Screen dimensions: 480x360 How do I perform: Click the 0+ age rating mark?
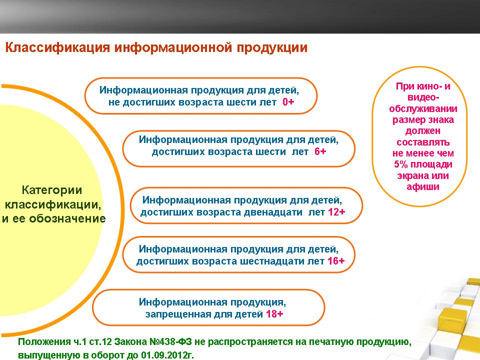[x=288, y=102]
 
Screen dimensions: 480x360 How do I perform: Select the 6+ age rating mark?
[x=320, y=151]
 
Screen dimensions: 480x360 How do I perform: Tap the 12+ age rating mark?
[x=336, y=212]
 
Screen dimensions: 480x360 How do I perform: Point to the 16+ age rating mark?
[x=336, y=261]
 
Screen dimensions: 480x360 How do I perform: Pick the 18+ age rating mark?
[x=274, y=314]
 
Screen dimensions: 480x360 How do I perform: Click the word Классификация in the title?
[x=57, y=48]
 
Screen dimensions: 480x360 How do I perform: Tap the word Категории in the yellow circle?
[x=52, y=190]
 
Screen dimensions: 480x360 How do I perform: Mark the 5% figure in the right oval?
[x=400, y=164]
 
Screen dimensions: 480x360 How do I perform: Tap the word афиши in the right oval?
[x=423, y=186]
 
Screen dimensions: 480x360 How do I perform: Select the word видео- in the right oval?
[x=423, y=97]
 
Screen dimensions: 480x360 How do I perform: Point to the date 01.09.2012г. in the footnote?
[x=167, y=355]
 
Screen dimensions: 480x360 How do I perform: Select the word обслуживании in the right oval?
[x=423, y=109]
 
